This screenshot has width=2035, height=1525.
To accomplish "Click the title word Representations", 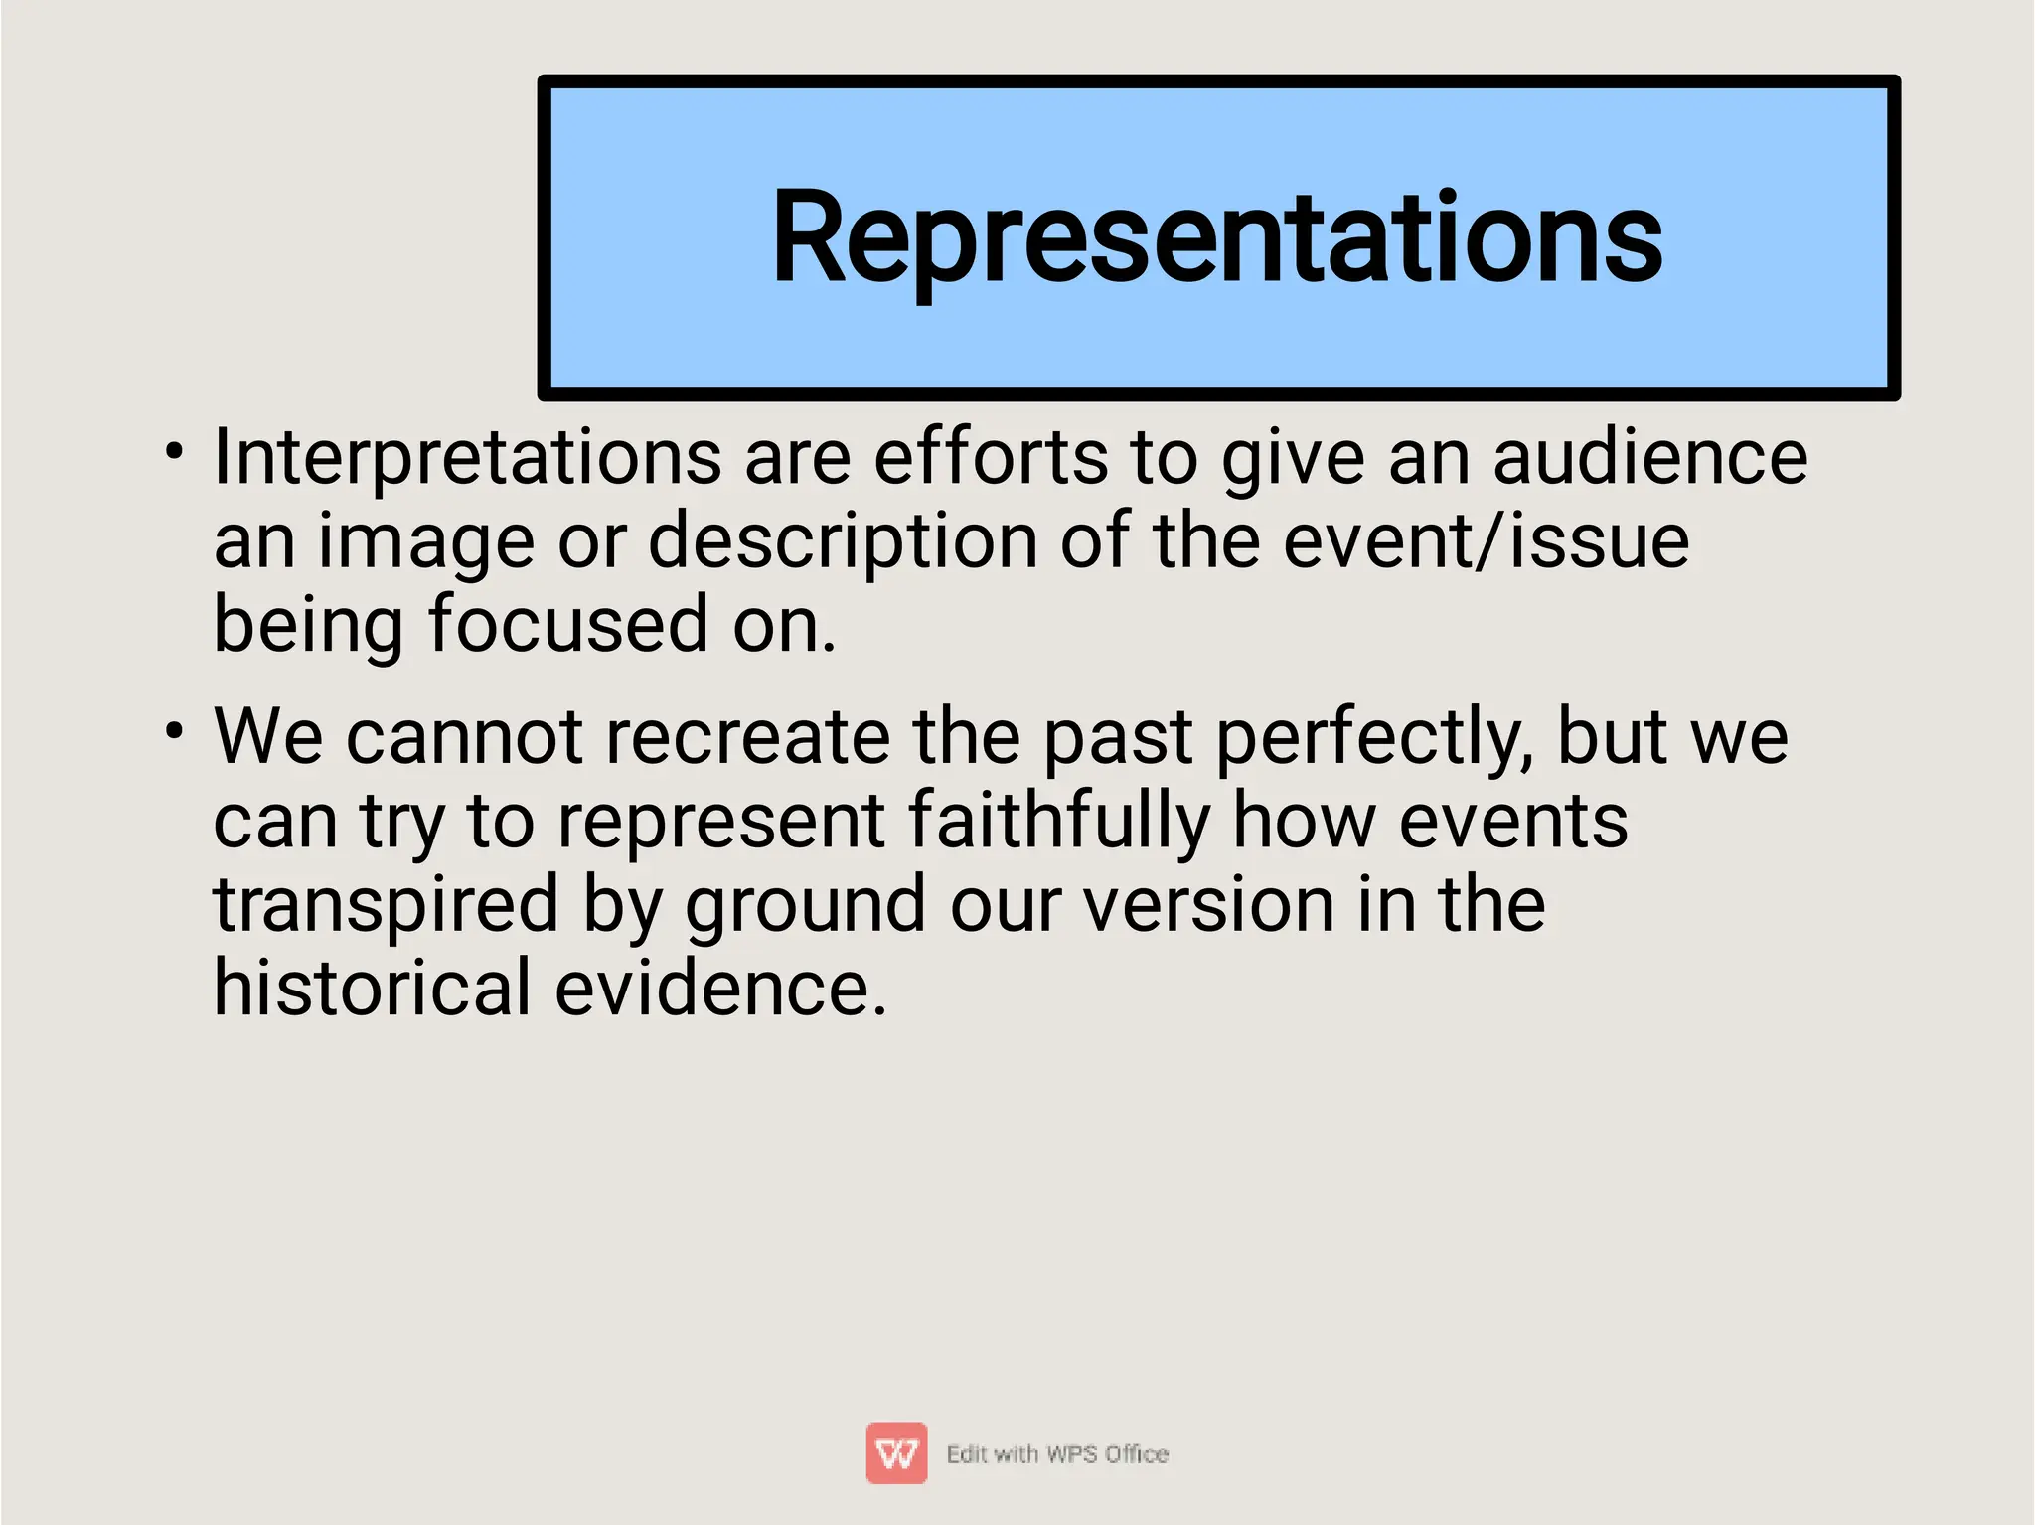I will pyautogui.click(x=1216, y=238).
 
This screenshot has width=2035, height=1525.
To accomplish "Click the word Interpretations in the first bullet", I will pyautogui.click(x=467, y=457).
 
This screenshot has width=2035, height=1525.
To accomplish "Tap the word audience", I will pyautogui.click(x=1649, y=457).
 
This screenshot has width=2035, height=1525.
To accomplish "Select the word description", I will pyautogui.click(x=843, y=542).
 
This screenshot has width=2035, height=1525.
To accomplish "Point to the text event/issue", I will pyautogui.click(x=1486, y=542).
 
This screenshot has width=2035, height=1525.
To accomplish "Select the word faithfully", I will pyautogui.click(x=1059, y=821).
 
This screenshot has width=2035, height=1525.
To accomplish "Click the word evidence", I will pyautogui.click(x=719, y=988).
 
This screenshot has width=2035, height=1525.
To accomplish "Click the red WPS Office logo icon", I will pyautogui.click(x=896, y=1453).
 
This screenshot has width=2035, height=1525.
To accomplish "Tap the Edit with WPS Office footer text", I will pyautogui.click(x=1057, y=1454).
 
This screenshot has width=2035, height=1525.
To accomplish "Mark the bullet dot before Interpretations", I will pyautogui.click(x=175, y=452).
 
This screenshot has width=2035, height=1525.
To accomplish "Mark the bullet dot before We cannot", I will pyautogui.click(x=175, y=732).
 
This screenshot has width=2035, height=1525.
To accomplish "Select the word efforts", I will pyautogui.click(x=991, y=457).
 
